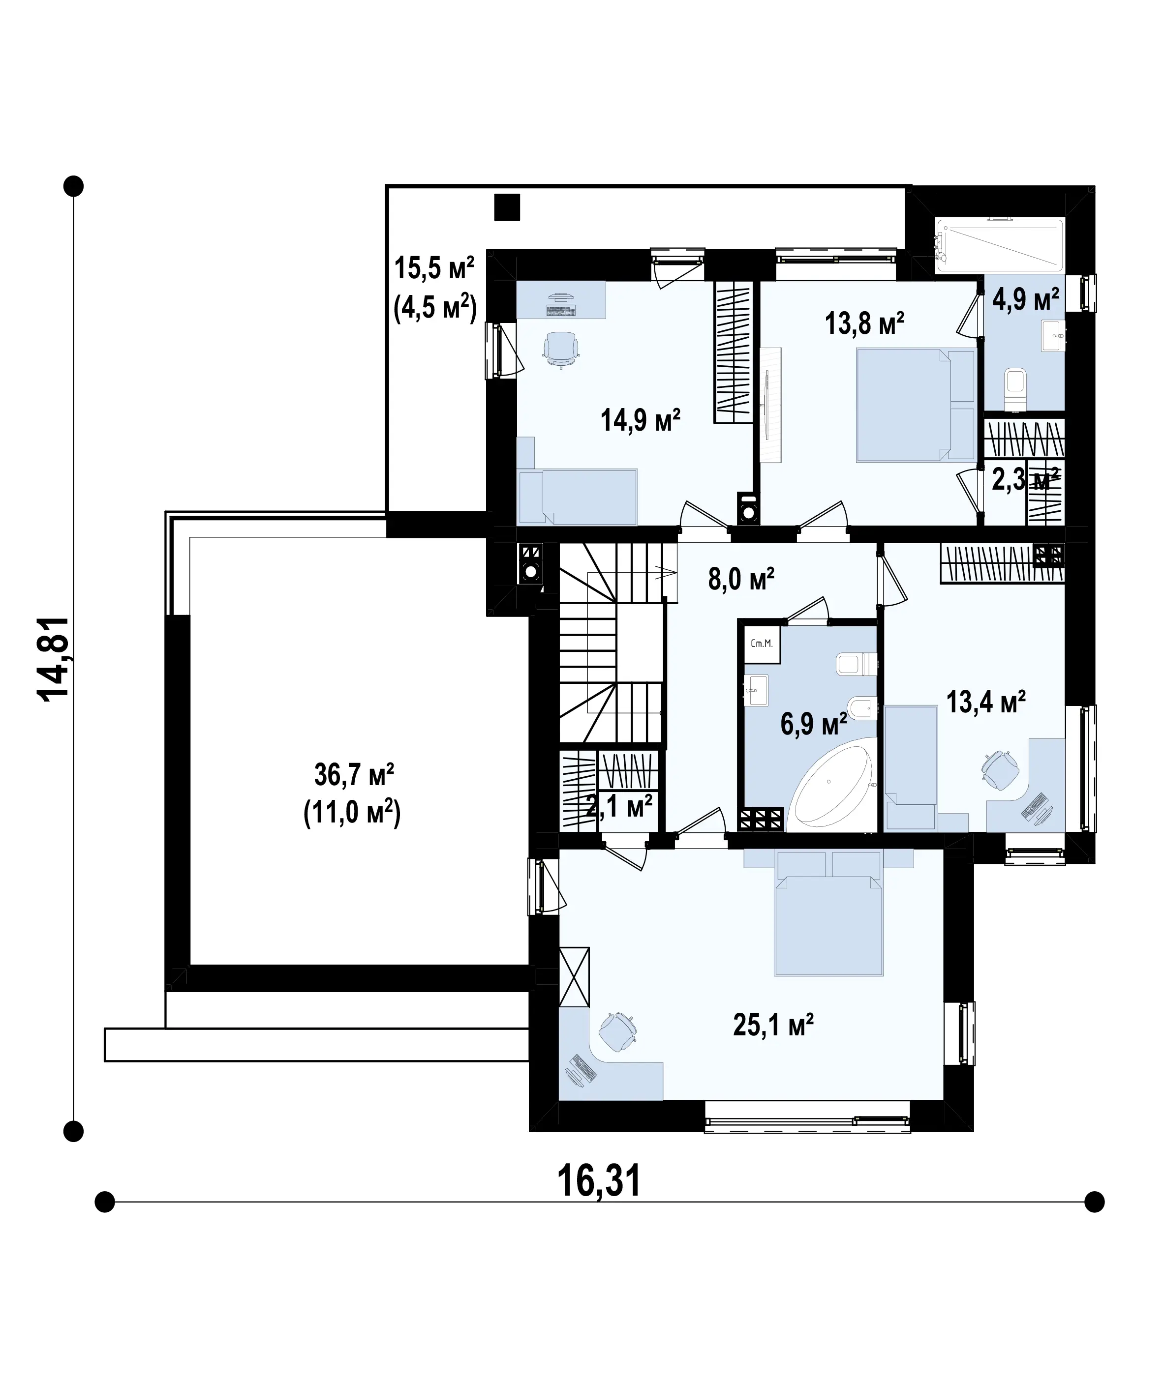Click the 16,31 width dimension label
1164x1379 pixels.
[x=599, y=1181]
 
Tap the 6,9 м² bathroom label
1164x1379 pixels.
[x=814, y=725]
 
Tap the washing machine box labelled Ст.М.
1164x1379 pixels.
[x=762, y=644]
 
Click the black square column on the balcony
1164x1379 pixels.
[x=507, y=207]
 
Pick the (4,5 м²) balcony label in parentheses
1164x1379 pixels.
[x=435, y=307]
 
